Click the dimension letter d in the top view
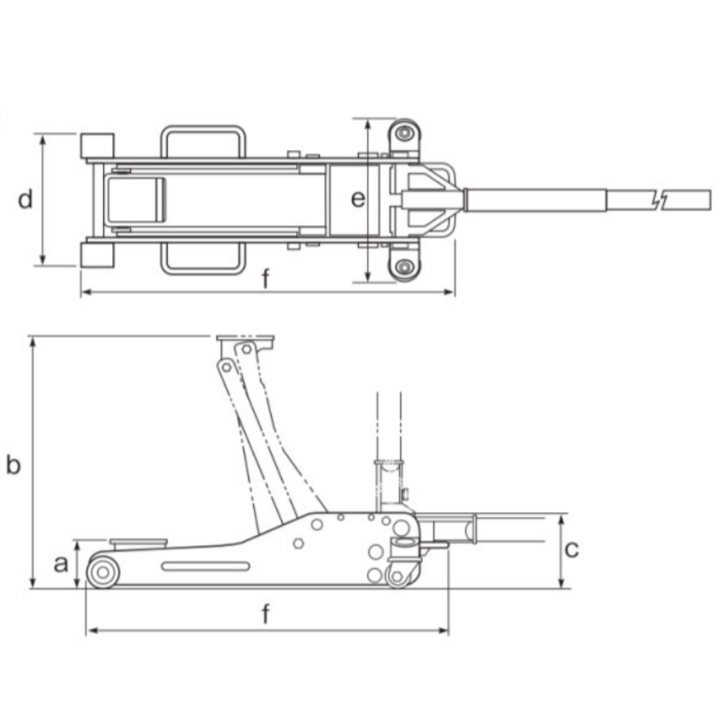pyautogui.click(x=25, y=199)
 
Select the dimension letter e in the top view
pyautogui.click(x=359, y=199)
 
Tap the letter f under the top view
pyautogui.click(x=266, y=279)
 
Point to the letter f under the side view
pyautogui.click(x=266, y=614)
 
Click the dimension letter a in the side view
pyautogui.click(x=61, y=564)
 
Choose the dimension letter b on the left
pyautogui.click(x=13, y=464)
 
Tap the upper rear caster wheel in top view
pyautogui.click(x=404, y=133)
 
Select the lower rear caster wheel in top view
pyautogui.click(x=404, y=268)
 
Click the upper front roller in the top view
pyautogui.click(x=97, y=145)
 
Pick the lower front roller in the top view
pyautogui.click(x=97, y=255)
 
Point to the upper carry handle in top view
pyautogui.click(x=203, y=141)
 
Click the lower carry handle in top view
pyautogui.click(x=203, y=258)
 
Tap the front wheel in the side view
pyautogui.click(x=102, y=572)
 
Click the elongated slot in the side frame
pyautogui.click(x=206, y=566)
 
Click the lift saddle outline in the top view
pyautogui.click(x=134, y=200)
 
